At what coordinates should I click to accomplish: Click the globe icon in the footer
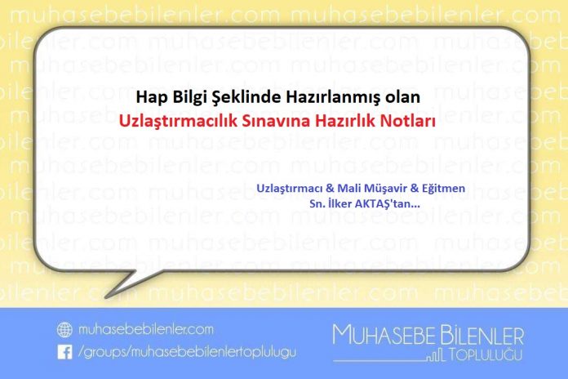tap(64, 329)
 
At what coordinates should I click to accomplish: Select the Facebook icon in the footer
tap(64, 351)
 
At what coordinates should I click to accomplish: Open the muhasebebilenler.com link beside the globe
tap(146, 329)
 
